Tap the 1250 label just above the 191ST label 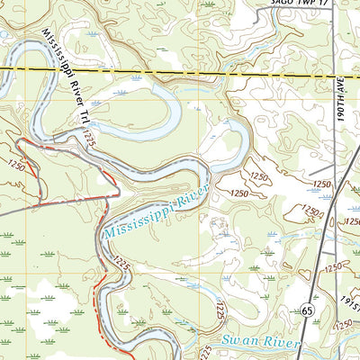click(x=334, y=268)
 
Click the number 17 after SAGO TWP click(x=317, y=4)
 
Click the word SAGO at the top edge click(x=278, y=4)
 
